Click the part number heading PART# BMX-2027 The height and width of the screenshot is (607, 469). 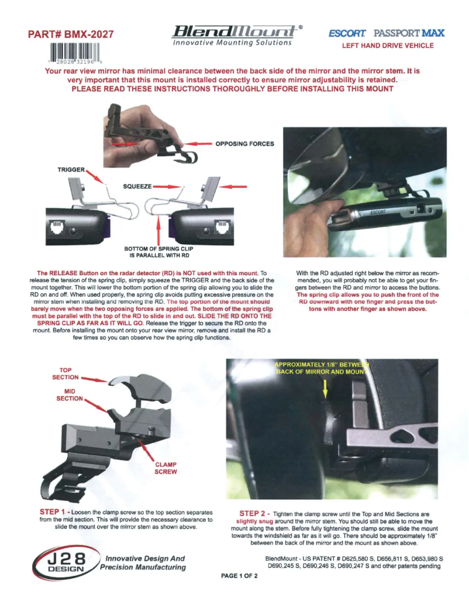coord(74,36)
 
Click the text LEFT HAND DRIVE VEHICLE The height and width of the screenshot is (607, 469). coord(387,46)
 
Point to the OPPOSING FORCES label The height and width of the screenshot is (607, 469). coord(244,143)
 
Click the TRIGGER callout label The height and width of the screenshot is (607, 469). coord(71,169)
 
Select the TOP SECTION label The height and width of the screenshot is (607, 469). coord(70,374)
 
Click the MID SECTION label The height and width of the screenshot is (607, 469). coord(70,395)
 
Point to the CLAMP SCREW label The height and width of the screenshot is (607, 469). coord(165,468)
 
